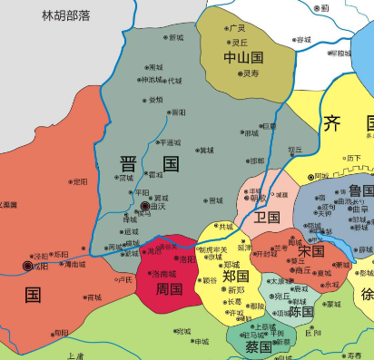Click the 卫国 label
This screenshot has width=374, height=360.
[267, 218]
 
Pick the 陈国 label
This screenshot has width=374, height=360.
[300, 311]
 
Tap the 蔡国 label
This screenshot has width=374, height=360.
[258, 346]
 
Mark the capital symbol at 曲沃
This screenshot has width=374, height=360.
[144, 208]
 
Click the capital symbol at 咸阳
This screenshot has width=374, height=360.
[25, 267]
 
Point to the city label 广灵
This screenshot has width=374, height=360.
[237, 28]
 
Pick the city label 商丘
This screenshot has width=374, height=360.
[302, 270]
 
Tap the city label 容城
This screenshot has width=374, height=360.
[303, 40]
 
